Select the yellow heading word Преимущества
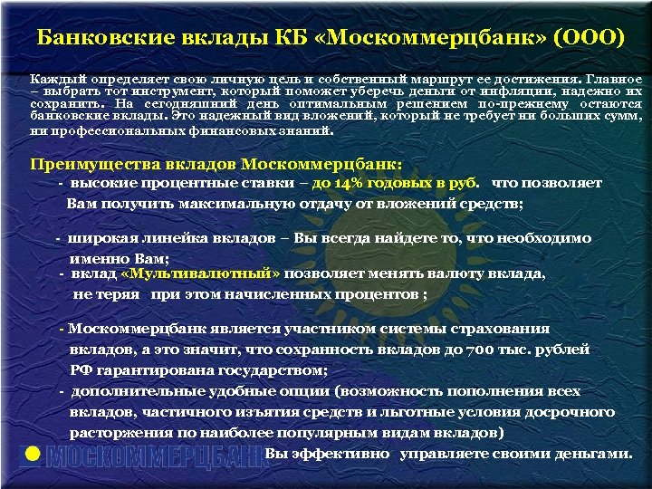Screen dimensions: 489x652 tap(86, 164)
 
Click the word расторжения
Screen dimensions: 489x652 tap(111, 432)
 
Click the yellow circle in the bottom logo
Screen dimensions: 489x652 tap(32, 455)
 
